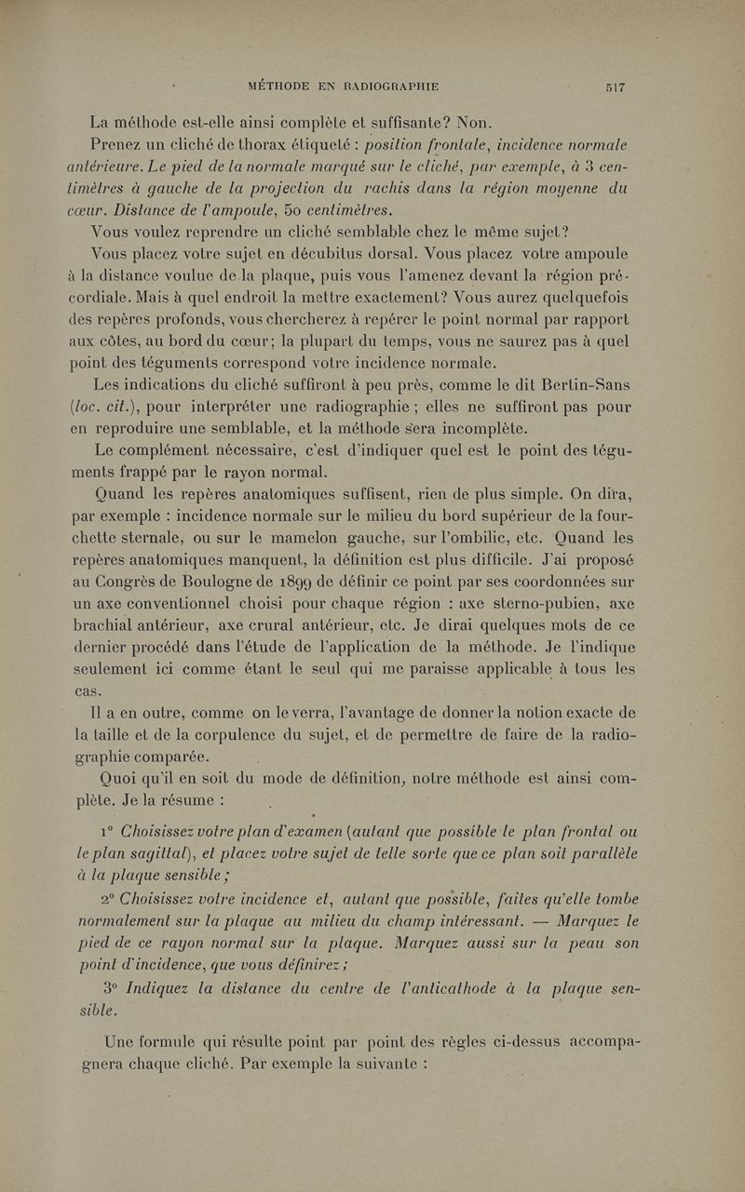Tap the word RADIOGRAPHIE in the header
[396, 88]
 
